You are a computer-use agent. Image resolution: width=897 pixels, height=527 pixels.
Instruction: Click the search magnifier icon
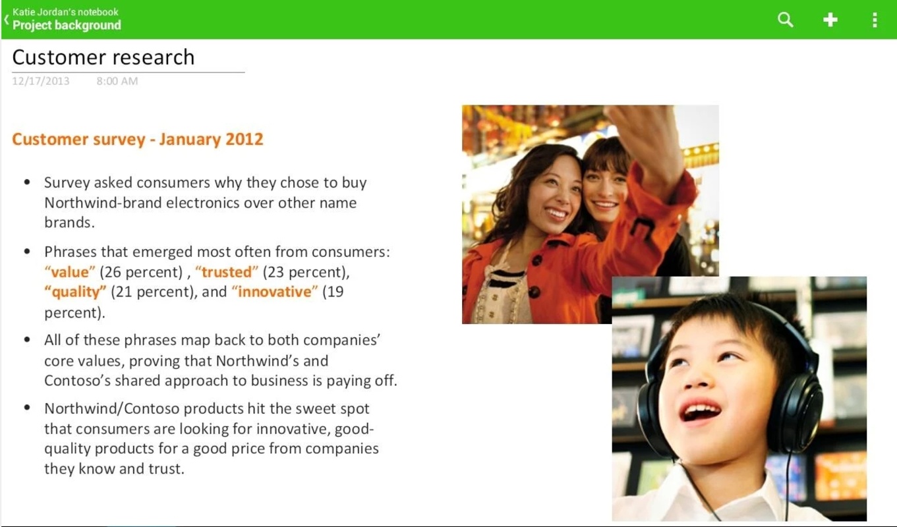(x=785, y=19)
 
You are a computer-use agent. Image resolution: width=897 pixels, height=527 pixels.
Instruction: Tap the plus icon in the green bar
(x=830, y=19)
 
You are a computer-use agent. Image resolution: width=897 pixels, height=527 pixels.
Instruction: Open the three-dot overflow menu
(x=875, y=20)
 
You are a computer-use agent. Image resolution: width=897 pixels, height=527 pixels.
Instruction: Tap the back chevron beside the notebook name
(x=7, y=19)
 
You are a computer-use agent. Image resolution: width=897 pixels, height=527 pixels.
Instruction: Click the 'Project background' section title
(x=67, y=25)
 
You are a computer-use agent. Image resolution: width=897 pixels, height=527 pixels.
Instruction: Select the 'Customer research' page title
(x=103, y=57)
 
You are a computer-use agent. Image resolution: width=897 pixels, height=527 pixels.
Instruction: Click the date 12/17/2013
(x=40, y=81)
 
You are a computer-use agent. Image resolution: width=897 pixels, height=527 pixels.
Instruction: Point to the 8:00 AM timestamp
(x=117, y=81)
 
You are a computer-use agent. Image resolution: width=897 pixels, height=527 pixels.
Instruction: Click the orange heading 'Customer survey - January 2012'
(x=138, y=139)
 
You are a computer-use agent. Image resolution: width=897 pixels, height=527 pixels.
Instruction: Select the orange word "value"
(x=70, y=272)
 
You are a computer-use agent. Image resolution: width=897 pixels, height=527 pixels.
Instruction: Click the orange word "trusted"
(x=227, y=272)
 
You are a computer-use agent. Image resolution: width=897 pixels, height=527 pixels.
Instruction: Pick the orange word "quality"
(x=75, y=292)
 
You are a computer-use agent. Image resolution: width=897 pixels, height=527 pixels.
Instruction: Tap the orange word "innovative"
(x=275, y=292)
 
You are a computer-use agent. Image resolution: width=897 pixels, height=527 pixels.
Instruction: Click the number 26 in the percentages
(x=113, y=272)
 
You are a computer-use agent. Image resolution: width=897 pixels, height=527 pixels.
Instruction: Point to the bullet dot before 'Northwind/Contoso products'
(x=27, y=408)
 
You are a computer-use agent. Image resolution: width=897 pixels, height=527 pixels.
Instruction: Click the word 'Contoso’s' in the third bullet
(x=77, y=381)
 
